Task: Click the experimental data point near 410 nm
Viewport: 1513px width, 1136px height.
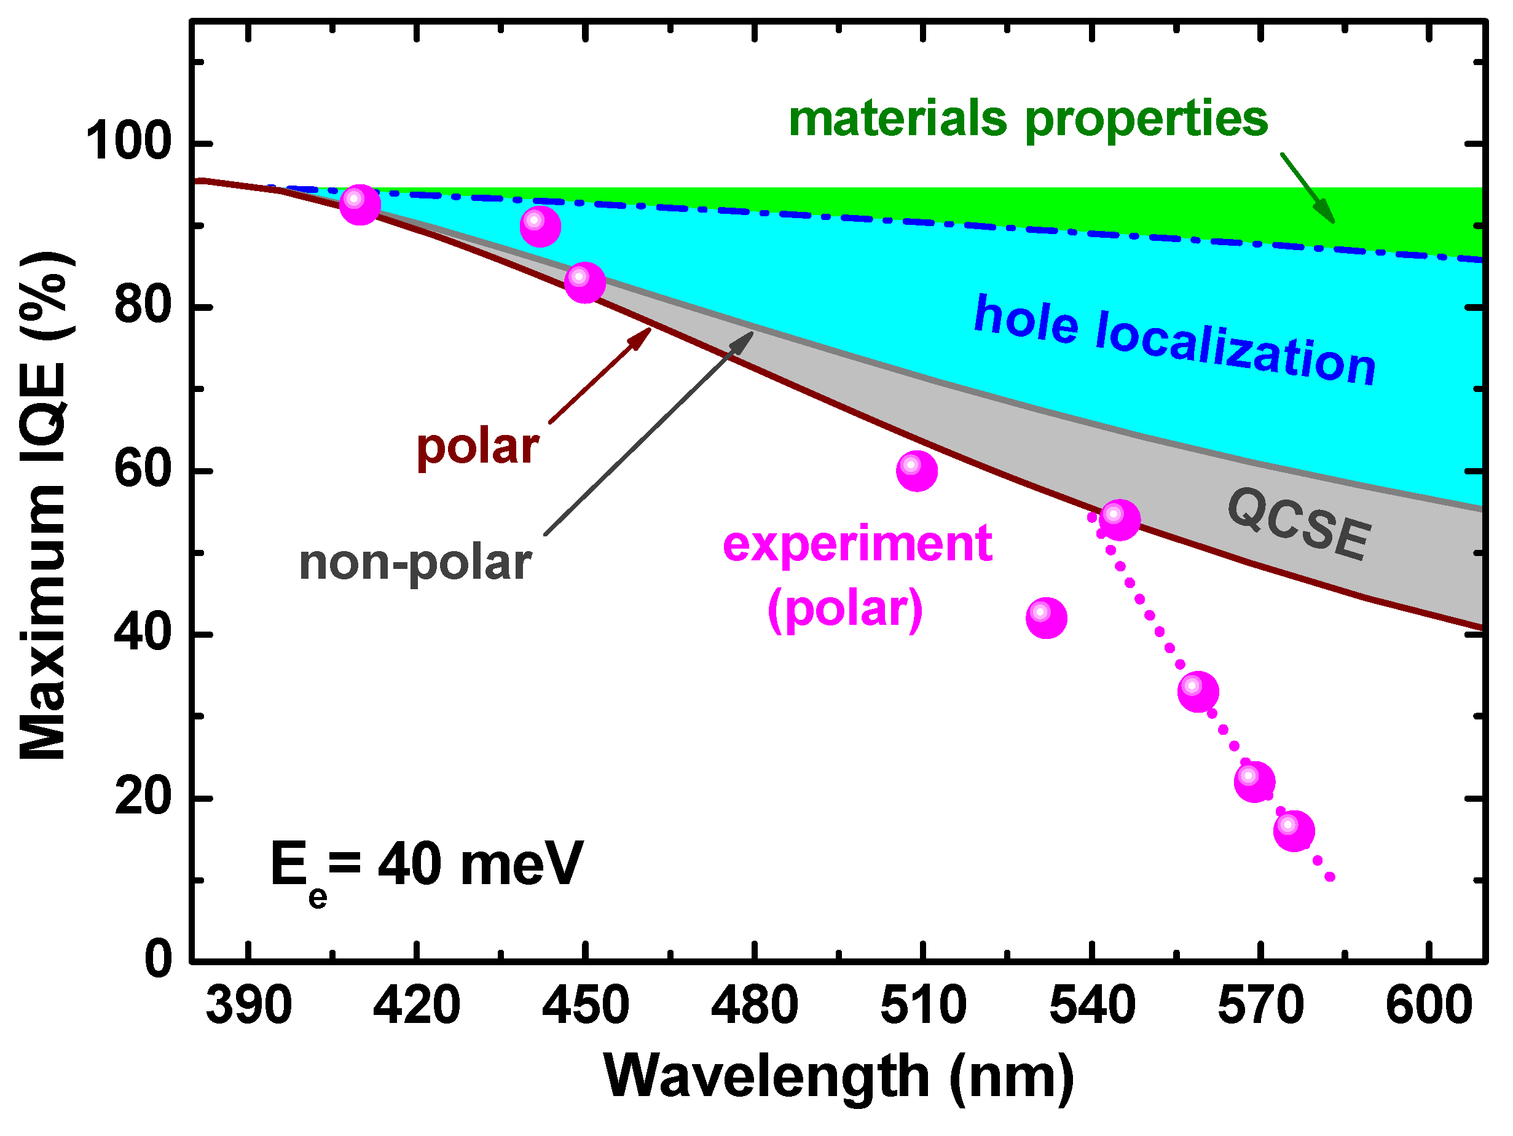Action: [x=360, y=204]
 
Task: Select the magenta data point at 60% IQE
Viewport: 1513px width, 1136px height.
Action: [x=916, y=471]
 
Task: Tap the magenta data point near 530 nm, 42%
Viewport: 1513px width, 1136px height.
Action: [x=1046, y=617]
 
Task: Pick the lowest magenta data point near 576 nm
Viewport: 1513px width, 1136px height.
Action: [x=1294, y=831]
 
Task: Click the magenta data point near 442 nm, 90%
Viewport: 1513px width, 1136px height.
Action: [x=540, y=226]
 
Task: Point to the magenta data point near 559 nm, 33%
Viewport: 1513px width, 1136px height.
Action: [x=1198, y=691]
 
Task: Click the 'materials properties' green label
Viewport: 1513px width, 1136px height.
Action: [x=1028, y=119]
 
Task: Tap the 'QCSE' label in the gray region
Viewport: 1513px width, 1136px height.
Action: [x=1299, y=524]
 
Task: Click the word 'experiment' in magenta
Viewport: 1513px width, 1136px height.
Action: [x=857, y=544]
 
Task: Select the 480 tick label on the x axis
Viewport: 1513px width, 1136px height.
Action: [x=754, y=1005]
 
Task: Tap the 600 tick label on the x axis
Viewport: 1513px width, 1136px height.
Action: [x=1428, y=1005]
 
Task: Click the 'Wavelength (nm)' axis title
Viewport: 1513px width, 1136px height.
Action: [x=839, y=1076]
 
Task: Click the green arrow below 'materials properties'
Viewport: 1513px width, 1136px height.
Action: [x=1307, y=187]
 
